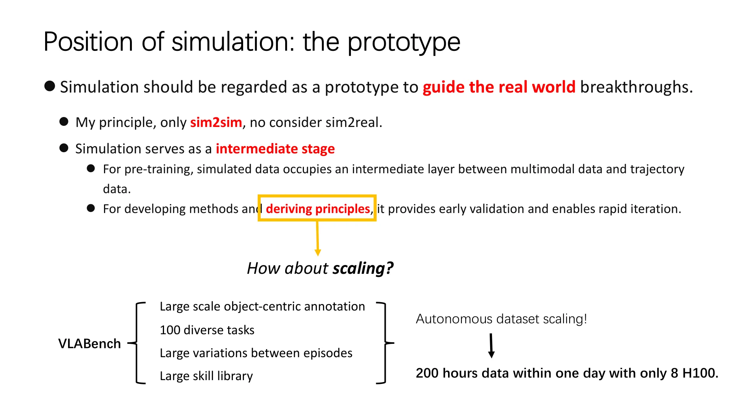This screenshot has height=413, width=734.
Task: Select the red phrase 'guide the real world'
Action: click(x=499, y=87)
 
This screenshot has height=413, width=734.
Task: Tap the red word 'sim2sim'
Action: click(x=216, y=122)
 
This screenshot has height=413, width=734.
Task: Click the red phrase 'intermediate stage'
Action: click(x=275, y=148)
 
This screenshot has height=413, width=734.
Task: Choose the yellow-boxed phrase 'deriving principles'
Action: click(x=318, y=209)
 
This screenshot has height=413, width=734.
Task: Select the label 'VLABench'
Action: click(x=89, y=343)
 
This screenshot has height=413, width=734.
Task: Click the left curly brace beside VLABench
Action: click(x=136, y=343)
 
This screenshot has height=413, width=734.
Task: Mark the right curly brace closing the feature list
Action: click(x=385, y=343)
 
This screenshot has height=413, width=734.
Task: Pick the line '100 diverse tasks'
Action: click(x=207, y=330)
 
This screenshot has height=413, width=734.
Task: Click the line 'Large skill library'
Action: click(x=206, y=376)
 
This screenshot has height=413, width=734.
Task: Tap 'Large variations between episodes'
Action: click(x=256, y=353)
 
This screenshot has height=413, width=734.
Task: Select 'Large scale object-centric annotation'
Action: click(x=262, y=306)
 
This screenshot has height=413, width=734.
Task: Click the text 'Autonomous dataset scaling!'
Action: click(x=501, y=319)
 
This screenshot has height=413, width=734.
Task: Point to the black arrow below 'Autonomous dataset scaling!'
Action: click(x=491, y=346)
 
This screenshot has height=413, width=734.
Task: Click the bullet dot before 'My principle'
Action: click(x=64, y=122)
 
